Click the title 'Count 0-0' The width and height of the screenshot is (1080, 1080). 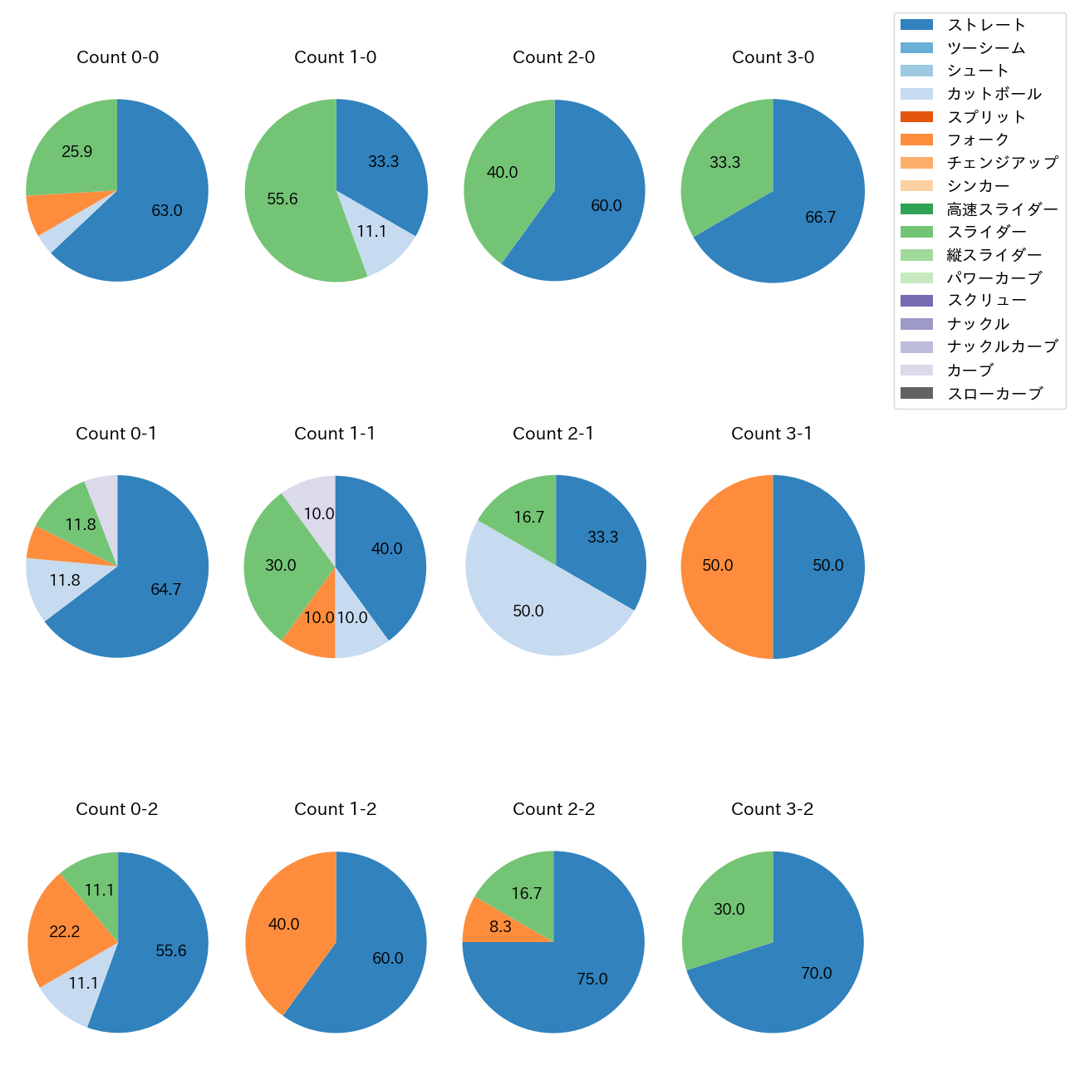[x=117, y=57]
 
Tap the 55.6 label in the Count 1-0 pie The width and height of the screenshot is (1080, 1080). [x=282, y=199]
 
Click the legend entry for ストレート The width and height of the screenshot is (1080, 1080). [x=986, y=25]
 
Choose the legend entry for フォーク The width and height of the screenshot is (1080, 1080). [x=978, y=140]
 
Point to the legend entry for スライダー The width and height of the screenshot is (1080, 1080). [x=986, y=232]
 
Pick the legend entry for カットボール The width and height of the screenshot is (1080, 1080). [x=994, y=94]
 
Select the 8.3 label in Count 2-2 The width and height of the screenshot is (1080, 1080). [x=501, y=926]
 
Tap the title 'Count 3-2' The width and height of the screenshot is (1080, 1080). [x=772, y=809]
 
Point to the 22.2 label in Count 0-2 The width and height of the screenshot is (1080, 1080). [x=65, y=932]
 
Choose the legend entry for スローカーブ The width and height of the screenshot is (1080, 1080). [x=994, y=394]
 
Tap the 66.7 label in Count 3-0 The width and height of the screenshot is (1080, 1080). [x=821, y=218]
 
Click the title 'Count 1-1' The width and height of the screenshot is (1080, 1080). [x=335, y=434]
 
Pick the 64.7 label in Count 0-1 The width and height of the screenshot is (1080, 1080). [x=166, y=590]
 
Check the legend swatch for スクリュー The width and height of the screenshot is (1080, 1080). [x=916, y=301]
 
